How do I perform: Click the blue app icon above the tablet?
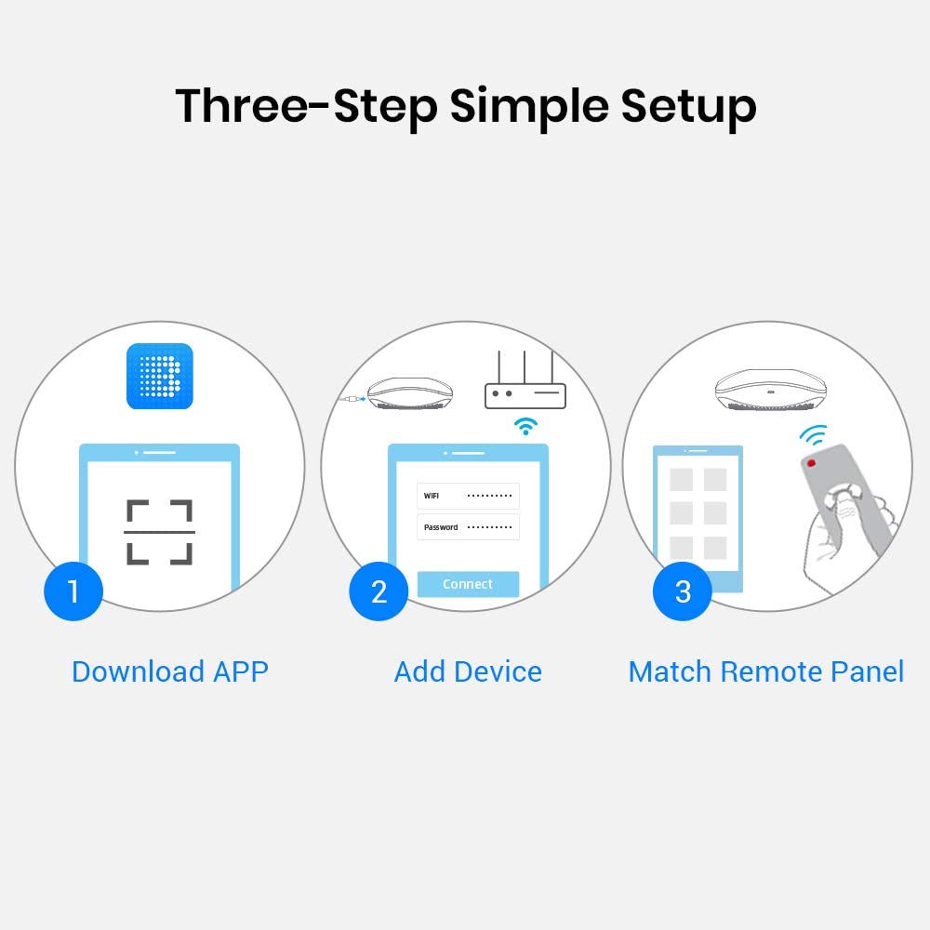(159, 376)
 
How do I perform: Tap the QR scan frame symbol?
(159, 532)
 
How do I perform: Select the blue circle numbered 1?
(73, 591)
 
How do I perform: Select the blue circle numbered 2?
(379, 591)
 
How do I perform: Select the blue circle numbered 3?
(683, 591)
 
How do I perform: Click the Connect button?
(468, 584)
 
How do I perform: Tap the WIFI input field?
(468, 496)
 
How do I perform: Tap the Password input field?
(468, 527)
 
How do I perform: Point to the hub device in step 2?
(410, 393)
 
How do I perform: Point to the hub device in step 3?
(767, 389)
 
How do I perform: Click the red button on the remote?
(812, 462)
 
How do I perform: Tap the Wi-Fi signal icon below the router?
(526, 427)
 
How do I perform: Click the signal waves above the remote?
(814, 434)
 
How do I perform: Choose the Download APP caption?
(169, 671)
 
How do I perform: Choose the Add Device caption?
(468, 671)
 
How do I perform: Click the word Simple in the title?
(530, 106)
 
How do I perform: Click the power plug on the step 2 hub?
(351, 400)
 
